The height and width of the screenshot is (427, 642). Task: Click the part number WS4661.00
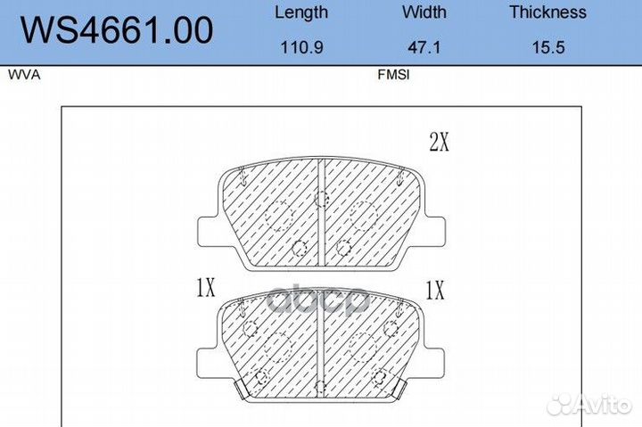(x=117, y=30)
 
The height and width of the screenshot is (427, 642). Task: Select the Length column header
(x=301, y=12)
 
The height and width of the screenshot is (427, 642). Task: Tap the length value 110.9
(x=301, y=47)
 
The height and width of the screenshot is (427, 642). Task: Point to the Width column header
(x=424, y=12)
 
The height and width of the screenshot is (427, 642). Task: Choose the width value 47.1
(x=424, y=47)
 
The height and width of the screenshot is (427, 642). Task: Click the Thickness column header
(x=547, y=12)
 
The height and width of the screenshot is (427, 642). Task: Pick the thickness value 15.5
(x=548, y=47)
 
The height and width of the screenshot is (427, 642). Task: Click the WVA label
(x=24, y=75)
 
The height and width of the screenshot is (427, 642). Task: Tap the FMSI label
(x=393, y=75)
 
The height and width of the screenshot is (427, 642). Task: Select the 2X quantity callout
(x=439, y=142)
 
